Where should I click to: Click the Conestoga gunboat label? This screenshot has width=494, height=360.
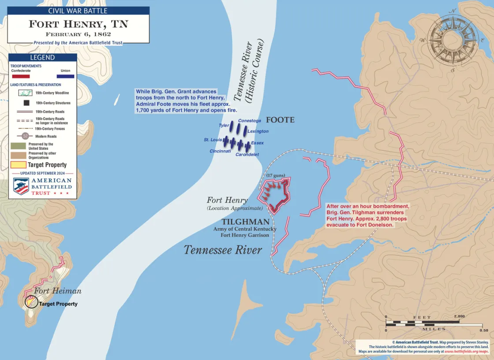click(250, 120)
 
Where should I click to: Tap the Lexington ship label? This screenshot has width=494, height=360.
click(258, 131)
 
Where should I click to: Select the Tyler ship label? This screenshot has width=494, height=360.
click(224, 126)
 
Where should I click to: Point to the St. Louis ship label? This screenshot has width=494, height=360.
click(213, 140)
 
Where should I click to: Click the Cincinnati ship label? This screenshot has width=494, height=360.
click(221, 151)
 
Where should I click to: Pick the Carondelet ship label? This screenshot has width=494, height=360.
click(247, 155)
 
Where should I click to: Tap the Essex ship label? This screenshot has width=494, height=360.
click(257, 143)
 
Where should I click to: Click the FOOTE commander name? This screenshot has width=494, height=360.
click(280, 120)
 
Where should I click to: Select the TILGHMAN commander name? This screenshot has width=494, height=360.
click(245, 222)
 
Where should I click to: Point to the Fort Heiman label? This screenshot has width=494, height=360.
click(58, 291)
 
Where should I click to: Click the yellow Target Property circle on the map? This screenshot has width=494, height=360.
click(31, 302)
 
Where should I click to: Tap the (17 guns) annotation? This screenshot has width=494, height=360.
click(274, 175)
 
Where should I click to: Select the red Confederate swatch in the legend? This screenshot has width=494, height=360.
click(21, 76)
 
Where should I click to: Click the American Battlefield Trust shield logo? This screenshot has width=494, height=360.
click(21, 186)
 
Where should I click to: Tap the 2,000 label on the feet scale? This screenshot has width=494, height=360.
click(460, 316)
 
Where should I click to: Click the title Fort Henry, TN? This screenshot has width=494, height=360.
click(79, 24)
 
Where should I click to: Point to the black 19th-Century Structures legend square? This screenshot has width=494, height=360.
click(26, 103)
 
